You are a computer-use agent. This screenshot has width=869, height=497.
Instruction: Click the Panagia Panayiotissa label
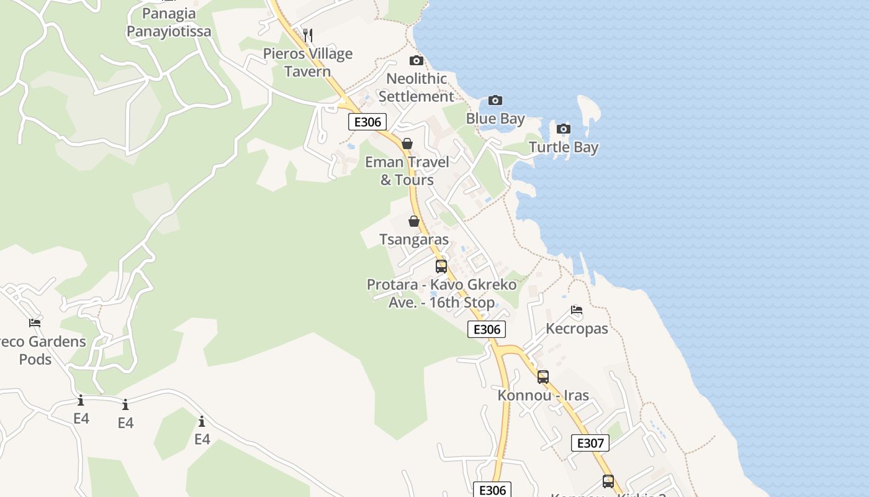tap(169, 22)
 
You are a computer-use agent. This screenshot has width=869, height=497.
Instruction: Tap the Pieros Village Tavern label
tap(308, 62)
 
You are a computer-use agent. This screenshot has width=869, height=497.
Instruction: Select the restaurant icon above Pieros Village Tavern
tap(308, 35)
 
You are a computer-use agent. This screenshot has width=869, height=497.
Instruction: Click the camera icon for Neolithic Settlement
tap(416, 60)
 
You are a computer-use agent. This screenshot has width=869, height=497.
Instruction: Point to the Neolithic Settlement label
tap(416, 88)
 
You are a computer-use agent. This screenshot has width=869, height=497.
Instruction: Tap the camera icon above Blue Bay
tap(495, 100)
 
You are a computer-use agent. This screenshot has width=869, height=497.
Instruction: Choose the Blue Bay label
tap(495, 119)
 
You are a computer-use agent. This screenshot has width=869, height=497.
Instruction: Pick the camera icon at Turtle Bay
tap(564, 129)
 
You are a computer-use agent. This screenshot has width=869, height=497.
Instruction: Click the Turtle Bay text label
tap(564, 147)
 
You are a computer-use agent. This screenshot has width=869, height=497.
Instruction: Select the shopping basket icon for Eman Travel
tap(407, 144)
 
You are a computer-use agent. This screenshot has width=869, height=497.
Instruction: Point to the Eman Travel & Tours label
tap(407, 171)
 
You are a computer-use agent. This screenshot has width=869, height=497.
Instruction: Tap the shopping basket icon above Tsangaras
tap(414, 221)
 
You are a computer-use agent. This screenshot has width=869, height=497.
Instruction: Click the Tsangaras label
tap(414, 240)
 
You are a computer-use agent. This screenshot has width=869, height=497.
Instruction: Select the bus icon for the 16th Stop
tap(441, 267)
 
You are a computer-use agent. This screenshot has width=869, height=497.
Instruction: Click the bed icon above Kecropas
tap(577, 310)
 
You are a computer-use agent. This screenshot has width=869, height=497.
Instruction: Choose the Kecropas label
tap(577, 329)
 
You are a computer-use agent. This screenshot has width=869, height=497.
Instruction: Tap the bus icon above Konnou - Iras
tap(543, 376)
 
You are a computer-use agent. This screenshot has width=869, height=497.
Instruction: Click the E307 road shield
tap(590, 443)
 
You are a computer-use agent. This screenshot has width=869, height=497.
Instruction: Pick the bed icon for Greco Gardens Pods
tap(35, 323)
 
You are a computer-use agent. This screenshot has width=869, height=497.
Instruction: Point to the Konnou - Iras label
tap(543, 395)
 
